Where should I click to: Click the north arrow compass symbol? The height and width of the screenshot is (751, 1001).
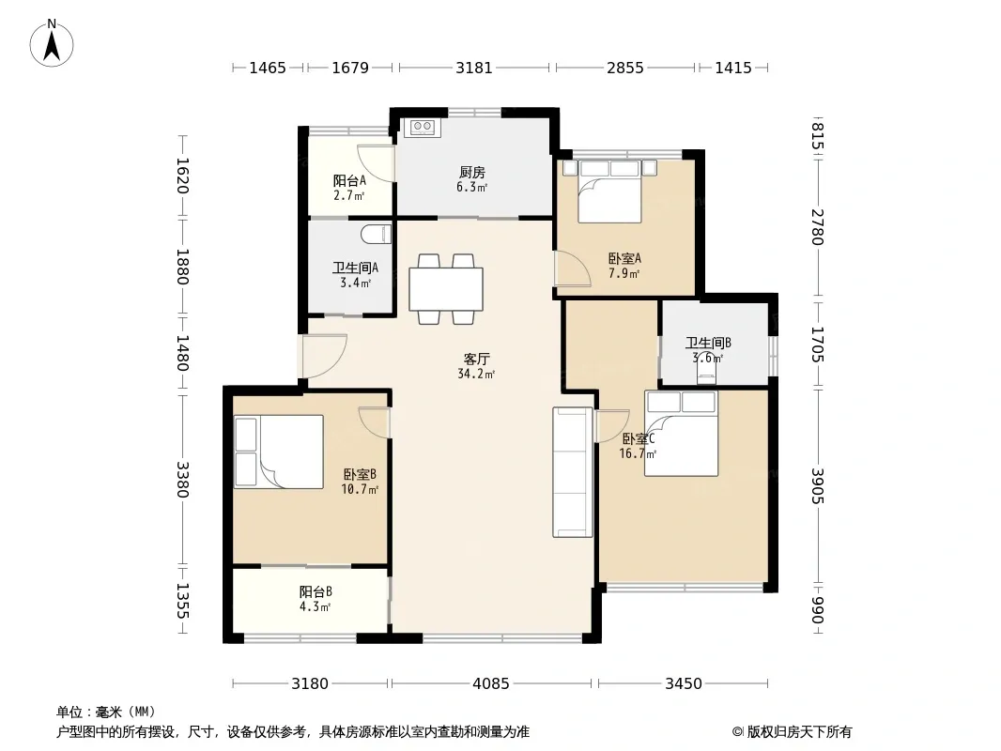(x=52, y=43)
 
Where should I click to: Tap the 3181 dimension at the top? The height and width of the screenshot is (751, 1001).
(x=473, y=68)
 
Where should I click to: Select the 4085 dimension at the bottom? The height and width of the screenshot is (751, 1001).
(x=490, y=684)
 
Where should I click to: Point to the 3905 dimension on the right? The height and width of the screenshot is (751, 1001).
(x=818, y=485)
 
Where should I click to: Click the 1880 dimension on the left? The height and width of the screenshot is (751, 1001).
(x=182, y=267)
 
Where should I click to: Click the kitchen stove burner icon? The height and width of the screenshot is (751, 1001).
(x=423, y=127)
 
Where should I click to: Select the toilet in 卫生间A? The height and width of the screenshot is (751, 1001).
(x=376, y=234)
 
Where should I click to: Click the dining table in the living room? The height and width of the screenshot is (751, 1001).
(x=446, y=289)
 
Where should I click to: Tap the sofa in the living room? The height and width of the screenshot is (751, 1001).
(x=573, y=472)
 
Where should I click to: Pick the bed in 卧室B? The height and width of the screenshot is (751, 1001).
(x=278, y=452)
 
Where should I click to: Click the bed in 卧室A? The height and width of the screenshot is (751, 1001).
(x=609, y=191)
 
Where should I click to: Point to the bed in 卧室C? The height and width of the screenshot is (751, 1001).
(x=681, y=434)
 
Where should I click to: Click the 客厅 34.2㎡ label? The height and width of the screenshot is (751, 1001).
(x=476, y=366)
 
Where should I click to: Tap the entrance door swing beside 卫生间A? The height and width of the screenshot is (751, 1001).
(x=324, y=356)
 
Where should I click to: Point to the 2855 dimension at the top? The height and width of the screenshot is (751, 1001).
(x=625, y=68)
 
